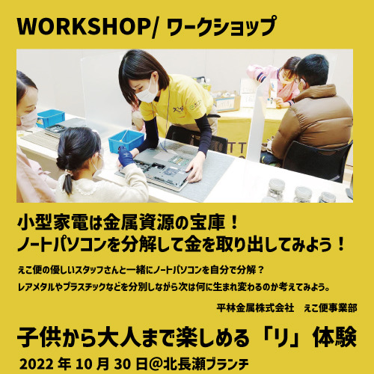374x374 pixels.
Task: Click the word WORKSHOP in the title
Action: (x=83, y=26)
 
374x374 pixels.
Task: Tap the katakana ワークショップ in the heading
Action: (x=221, y=26)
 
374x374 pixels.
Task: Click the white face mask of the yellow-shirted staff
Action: (x=147, y=93)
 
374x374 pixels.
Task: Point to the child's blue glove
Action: (x=126, y=156)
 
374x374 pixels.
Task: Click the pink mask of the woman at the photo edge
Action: (x=27, y=120)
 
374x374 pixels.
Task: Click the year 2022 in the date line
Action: (x=37, y=364)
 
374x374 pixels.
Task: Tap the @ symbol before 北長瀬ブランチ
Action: (x=155, y=364)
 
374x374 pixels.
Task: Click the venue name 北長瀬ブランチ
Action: (x=206, y=364)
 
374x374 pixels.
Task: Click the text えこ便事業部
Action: (x=331, y=308)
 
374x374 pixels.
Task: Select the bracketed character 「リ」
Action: (x=281, y=339)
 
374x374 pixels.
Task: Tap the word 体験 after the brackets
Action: (x=334, y=338)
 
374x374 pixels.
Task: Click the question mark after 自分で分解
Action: (x=260, y=270)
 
